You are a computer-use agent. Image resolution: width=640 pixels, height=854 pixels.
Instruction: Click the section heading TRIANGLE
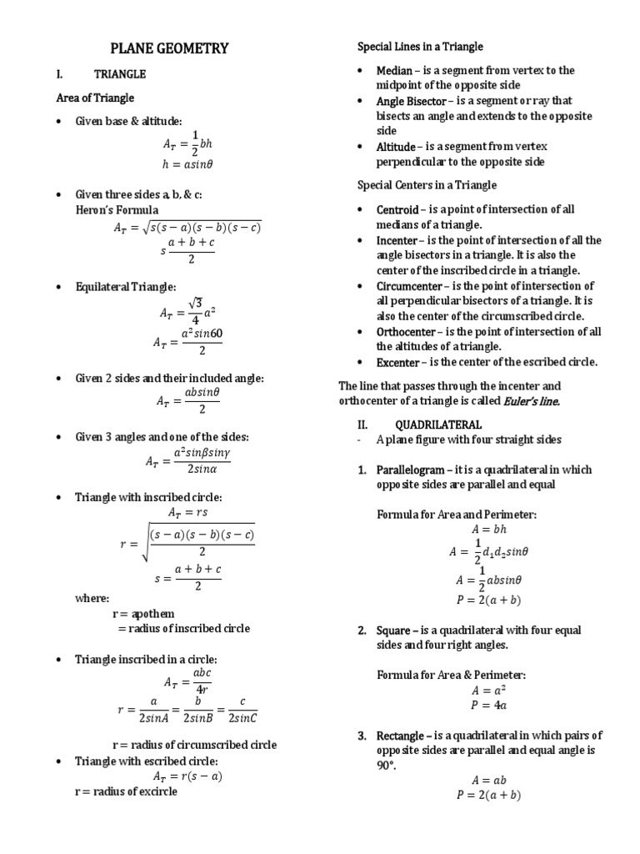tap(119, 74)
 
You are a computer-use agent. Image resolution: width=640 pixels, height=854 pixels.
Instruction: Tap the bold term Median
tap(395, 71)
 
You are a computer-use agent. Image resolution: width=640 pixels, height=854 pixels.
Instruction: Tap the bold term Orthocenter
tap(407, 331)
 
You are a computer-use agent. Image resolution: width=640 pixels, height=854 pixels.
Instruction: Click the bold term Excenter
tap(398, 362)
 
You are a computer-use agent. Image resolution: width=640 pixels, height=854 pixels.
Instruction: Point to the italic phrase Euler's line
tap(532, 401)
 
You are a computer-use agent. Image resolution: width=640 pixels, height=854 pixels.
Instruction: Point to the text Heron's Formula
tap(117, 209)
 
